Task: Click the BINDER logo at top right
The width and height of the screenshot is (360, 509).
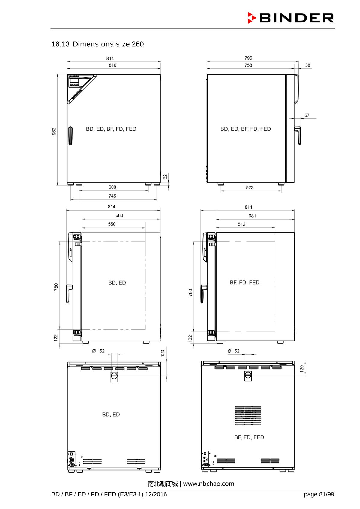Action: coord(291,18)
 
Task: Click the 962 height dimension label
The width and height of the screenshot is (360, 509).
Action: coord(54,131)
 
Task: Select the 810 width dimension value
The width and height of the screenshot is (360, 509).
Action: coord(112,65)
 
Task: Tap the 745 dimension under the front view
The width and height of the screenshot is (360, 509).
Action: coord(112,196)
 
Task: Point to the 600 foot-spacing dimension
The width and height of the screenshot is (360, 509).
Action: coord(112,187)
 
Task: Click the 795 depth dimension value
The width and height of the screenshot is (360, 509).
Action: coord(248,58)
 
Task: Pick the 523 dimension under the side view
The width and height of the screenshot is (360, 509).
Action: coord(250,188)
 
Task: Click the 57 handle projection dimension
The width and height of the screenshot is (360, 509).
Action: coord(307,115)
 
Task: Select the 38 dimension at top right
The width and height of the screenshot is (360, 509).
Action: coord(308,65)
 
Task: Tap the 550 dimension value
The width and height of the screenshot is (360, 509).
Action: coord(112,224)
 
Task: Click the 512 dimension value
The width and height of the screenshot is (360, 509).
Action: coord(241,224)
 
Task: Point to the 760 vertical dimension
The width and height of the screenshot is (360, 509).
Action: coord(56,287)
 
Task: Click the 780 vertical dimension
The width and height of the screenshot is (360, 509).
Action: coord(190,293)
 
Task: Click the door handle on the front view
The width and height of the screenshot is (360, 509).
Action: coord(70,136)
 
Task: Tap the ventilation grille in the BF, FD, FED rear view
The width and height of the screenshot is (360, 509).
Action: coord(248,415)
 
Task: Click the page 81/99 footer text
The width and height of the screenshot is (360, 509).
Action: coord(319,494)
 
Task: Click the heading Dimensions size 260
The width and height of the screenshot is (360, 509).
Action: coord(98,44)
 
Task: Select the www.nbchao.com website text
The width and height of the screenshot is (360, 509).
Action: coord(209,484)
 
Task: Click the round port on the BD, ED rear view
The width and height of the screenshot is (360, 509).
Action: coord(114,375)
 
